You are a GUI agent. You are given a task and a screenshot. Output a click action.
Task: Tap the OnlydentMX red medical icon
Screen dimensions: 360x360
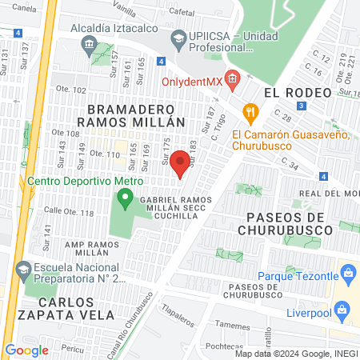pos(232,78)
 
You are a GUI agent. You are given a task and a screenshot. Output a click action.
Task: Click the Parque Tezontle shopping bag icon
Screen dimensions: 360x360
pos(348,274)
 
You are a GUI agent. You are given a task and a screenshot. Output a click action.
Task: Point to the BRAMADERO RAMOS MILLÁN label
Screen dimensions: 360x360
pos(125,114)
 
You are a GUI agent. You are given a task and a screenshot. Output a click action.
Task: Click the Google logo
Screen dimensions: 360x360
pos(26,350)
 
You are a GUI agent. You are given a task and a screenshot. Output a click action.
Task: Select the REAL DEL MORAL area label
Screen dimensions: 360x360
pos(330,194)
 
